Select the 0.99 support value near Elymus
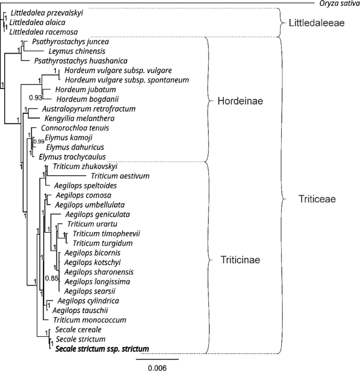tap(38, 142)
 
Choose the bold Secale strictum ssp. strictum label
tap(101, 348)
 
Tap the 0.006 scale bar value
tap(157, 368)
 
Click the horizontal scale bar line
tap(157, 359)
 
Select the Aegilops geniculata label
tap(98, 214)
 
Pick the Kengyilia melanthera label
tap(77, 118)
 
